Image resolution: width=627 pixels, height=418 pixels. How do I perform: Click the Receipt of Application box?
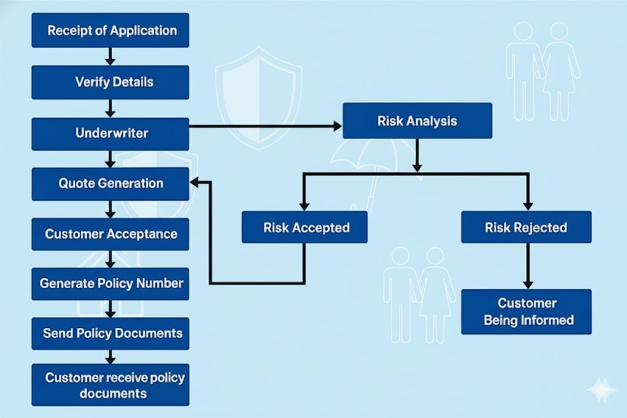click(x=110, y=30)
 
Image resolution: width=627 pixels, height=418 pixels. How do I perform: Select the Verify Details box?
click(x=110, y=82)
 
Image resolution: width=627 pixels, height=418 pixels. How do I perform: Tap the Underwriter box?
click(x=110, y=133)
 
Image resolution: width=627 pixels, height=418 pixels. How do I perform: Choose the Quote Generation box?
click(x=110, y=184)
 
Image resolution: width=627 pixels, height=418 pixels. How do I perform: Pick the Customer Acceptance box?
click(x=110, y=234)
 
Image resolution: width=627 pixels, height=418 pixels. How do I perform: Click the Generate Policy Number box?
click(x=110, y=283)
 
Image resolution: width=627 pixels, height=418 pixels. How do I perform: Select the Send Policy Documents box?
click(x=110, y=334)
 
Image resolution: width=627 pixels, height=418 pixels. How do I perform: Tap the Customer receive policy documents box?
click(x=110, y=385)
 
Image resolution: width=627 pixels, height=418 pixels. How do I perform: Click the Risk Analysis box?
click(x=417, y=121)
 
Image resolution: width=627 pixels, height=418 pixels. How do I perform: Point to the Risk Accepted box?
click(x=305, y=228)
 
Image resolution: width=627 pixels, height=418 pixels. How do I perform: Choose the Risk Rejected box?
click(x=526, y=228)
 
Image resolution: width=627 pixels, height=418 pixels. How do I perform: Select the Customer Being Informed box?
click(x=526, y=312)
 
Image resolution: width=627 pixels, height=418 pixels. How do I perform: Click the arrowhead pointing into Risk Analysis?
click(x=337, y=126)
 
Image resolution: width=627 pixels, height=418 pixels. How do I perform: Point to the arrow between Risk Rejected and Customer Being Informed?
click(x=527, y=266)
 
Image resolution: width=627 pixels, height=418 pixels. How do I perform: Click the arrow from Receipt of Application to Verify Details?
click(x=110, y=56)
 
